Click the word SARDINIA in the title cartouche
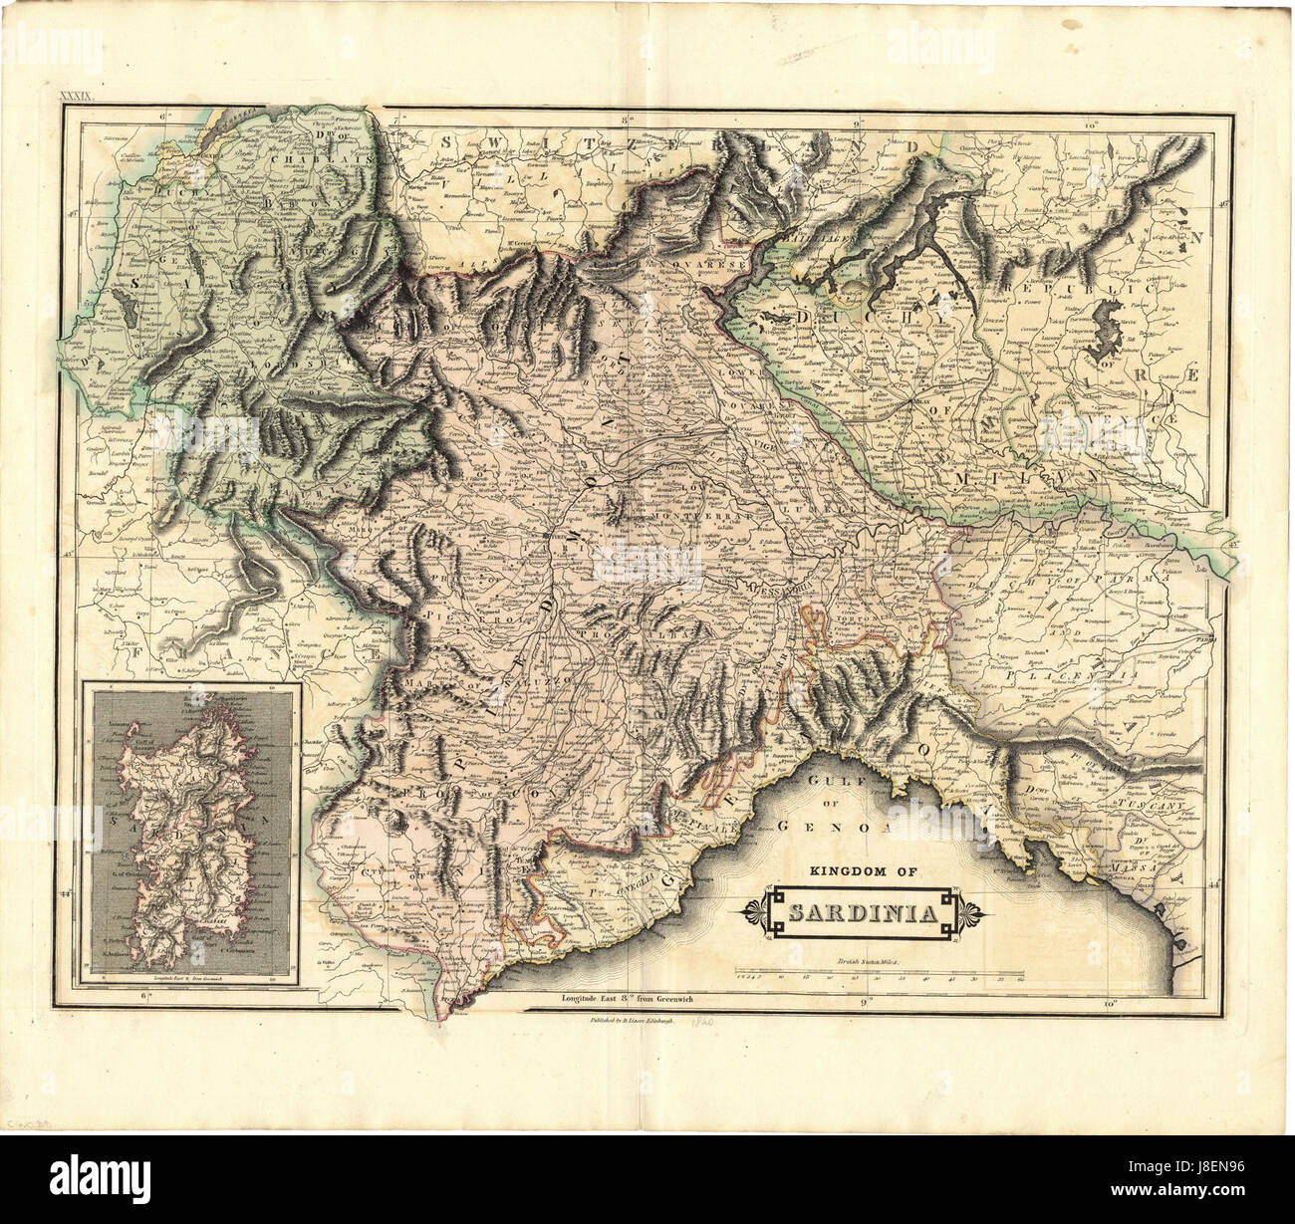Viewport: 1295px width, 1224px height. coord(862,913)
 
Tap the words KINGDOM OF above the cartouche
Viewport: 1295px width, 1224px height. coord(862,870)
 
